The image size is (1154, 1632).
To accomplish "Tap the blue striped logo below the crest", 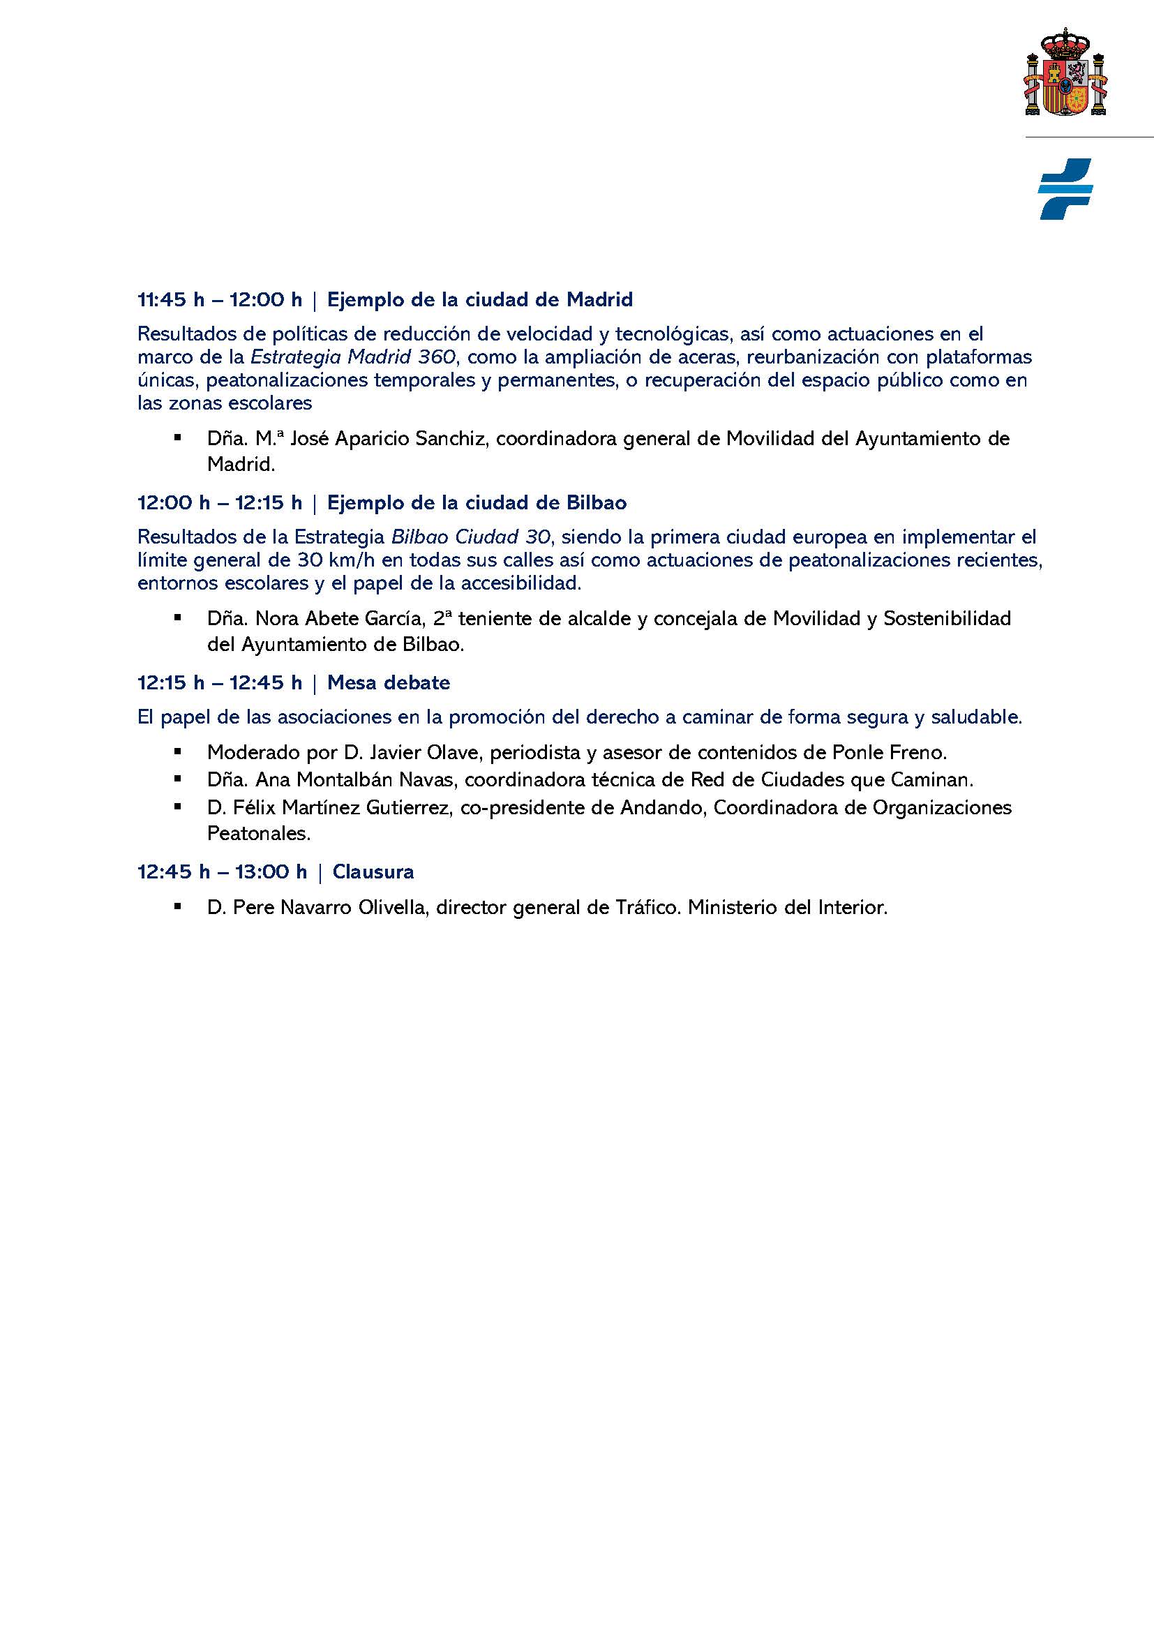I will coord(1065,188).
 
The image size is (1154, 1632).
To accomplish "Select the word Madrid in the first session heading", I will coord(599,300).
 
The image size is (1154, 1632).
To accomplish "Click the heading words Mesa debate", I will coord(388,683).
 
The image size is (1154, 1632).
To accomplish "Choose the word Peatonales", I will coord(259,833).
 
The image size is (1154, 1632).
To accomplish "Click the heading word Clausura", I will coord(373,872).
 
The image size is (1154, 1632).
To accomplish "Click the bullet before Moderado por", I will coord(177,751).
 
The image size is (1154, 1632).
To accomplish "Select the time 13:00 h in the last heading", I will coord(271,872).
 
